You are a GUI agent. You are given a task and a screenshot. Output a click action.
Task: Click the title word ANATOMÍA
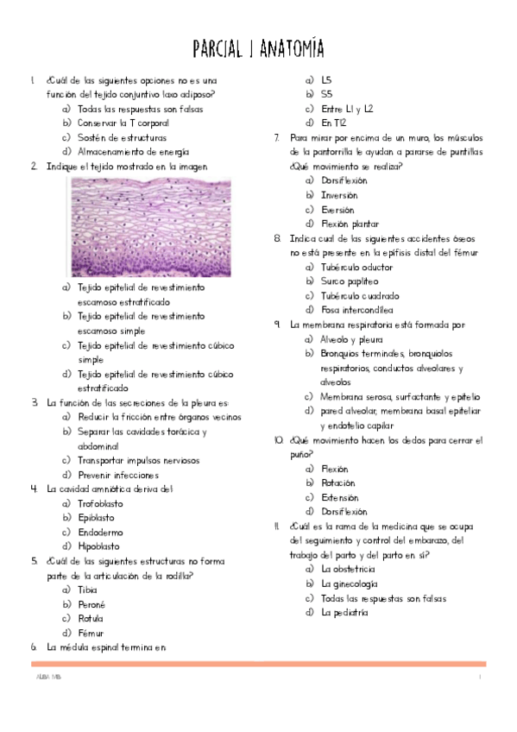[x=289, y=46]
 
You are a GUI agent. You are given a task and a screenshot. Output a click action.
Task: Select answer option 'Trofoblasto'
[x=100, y=503]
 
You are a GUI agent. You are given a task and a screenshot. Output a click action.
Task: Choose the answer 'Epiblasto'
[x=96, y=517]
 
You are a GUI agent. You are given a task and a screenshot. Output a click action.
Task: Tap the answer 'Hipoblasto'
[x=98, y=546]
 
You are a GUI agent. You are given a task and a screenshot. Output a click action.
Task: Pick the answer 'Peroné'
[x=91, y=604]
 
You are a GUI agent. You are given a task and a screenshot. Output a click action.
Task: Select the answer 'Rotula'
[x=90, y=618]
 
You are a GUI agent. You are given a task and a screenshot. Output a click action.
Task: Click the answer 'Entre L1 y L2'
[x=347, y=109]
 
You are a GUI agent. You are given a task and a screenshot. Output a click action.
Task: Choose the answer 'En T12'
[x=332, y=123]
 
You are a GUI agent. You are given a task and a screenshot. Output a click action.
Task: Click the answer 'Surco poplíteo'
[x=349, y=281]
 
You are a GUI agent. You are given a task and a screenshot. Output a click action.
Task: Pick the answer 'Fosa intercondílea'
[x=356, y=309]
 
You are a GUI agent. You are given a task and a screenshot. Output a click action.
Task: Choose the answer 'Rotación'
[x=337, y=483]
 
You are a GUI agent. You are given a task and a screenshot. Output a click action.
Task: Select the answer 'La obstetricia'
[x=348, y=570]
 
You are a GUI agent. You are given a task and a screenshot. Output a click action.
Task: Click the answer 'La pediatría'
[x=344, y=612]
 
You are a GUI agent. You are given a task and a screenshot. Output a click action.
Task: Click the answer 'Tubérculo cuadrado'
[x=356, y=295]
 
